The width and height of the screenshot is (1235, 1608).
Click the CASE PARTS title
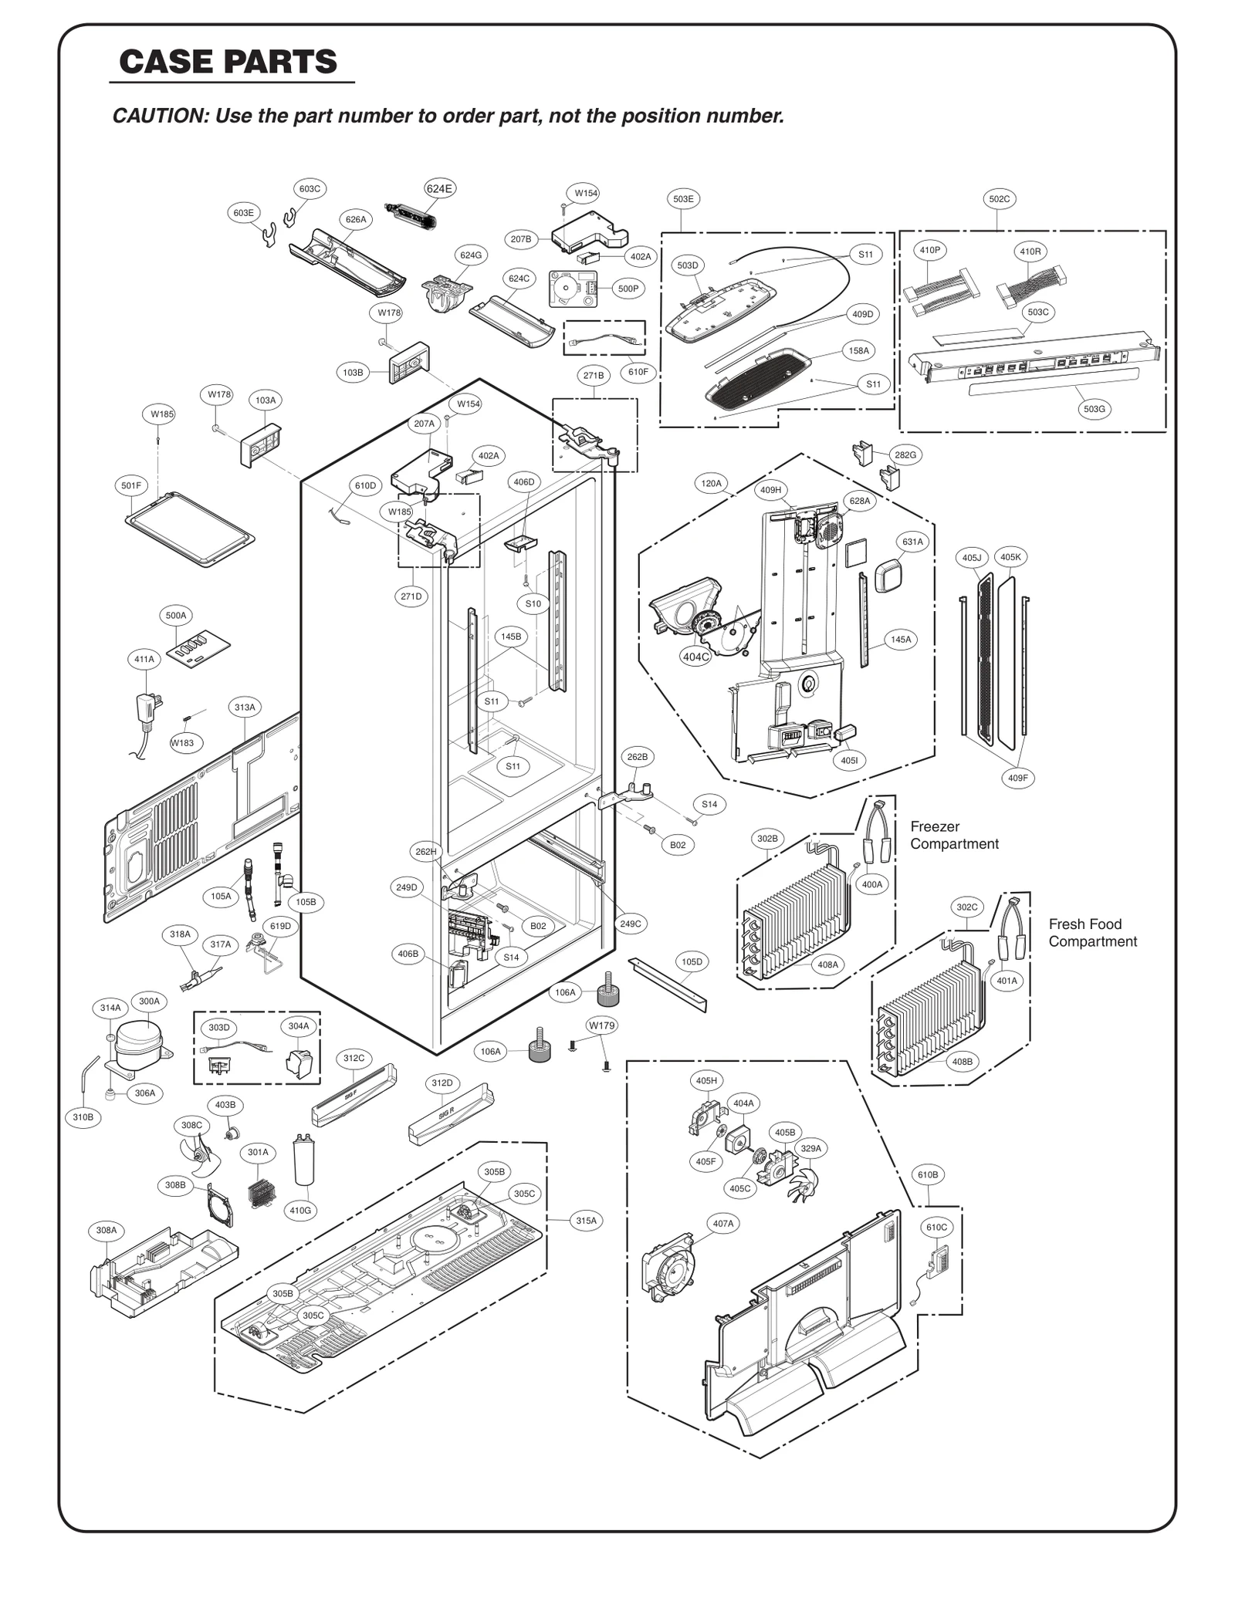click(x=228, y=62)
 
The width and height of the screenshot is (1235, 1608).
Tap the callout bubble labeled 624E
click(x=439, y=188)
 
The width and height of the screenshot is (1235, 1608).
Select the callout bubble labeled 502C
click(x=999, y=199)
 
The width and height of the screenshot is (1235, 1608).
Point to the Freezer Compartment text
click(x=954, y=835)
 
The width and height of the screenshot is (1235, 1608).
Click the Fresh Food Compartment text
click(x=1091, y=932)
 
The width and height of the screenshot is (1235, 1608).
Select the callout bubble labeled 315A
click(x=586, y=1221)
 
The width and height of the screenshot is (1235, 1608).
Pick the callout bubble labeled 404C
click(x=695, y=657)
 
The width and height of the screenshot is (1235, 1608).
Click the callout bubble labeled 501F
click(x=131, y=485)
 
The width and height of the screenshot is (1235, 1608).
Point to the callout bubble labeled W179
click(x=601, y=1025)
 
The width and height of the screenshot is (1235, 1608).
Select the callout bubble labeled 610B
click(x=928, y=1174)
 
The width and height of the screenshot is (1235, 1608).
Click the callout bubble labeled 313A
click(x=245, y=707)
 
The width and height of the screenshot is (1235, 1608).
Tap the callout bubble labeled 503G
click(x=1094, y=409)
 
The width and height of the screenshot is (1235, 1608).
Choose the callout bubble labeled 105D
click(x=692, y=961)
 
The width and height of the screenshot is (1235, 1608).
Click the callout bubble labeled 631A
click(x=912, y=542)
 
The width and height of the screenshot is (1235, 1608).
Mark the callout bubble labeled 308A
click(x=107, y=1230)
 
